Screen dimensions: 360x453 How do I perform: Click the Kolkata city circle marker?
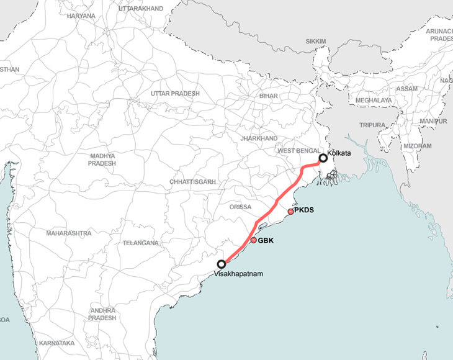pos(323,158)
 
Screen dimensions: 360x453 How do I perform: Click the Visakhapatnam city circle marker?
pos(221,264)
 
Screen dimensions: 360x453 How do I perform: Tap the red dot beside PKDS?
pos(290,212)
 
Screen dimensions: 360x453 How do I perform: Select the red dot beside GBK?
pos(254,240)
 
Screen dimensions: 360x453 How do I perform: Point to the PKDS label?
pos(304,210)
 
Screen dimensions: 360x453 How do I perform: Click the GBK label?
pos(266,240)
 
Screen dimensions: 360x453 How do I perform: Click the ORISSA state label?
pos(240,207)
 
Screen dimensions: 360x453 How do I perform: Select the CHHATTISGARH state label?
pos(192,182)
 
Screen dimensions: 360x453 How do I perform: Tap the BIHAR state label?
pos(269,96)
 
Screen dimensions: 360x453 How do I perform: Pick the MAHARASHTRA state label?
pos(68,233)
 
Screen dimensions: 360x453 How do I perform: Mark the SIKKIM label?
pos(315,42)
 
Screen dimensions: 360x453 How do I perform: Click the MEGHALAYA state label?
pos(374,100)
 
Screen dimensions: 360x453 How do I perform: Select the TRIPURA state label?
pos(372,125)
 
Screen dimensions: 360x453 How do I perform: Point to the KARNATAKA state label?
pos(56,343)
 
